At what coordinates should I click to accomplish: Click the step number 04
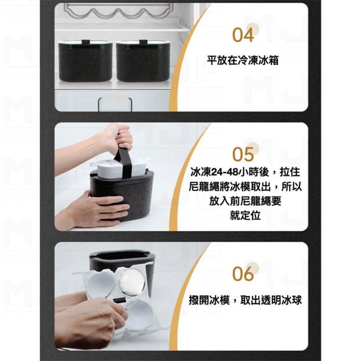(x=243, y=35)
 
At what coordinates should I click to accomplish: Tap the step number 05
(x=243, y=154)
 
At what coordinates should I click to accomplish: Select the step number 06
(x=243, y=274)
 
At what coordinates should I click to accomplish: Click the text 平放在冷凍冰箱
(x=243, y=60)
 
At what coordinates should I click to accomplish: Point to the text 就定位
(x=245, y=215)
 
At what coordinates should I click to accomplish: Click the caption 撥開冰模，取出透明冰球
(x=245, y=300)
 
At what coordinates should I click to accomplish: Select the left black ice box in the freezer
(x=85, y=61)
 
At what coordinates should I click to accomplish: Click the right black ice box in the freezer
(x=143, y=61)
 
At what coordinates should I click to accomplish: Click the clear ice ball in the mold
(x=131, y=282)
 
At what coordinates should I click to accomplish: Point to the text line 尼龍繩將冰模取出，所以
(x=245, y=186)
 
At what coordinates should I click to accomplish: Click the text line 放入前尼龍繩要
(x=245, y=201)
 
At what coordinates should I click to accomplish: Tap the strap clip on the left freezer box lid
(x=85, y=42)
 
